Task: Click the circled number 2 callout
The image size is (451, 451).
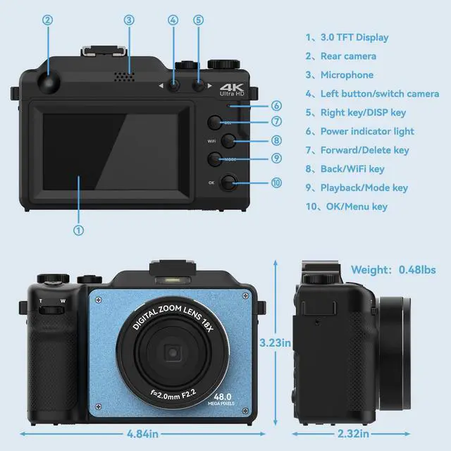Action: pyautogui.click(x=48, y=20)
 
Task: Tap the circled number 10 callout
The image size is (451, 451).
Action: pyautogui.click(x=276, y=183)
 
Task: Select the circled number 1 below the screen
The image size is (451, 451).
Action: pyautogui.click(x=79, y=229)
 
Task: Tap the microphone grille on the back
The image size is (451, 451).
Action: pyautogui.click(x=123, y=75)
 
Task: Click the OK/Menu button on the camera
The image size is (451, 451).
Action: pyautogui.click(x=228, y=184)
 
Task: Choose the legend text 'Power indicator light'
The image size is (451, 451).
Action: pyautogui.click(x=366, y=131)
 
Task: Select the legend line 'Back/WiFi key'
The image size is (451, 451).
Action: pyautogui.click(x=352, y=168)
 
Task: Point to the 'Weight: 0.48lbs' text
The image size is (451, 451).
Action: pyautogui.click(x=393, y=269)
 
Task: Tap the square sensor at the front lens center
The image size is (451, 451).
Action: pyautogui.click(x=172, y=352)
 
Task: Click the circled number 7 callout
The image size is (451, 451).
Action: pyautogui.click(x=276, y=122)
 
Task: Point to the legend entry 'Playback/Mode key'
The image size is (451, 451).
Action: pyautogui.click(x=364, y=187)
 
